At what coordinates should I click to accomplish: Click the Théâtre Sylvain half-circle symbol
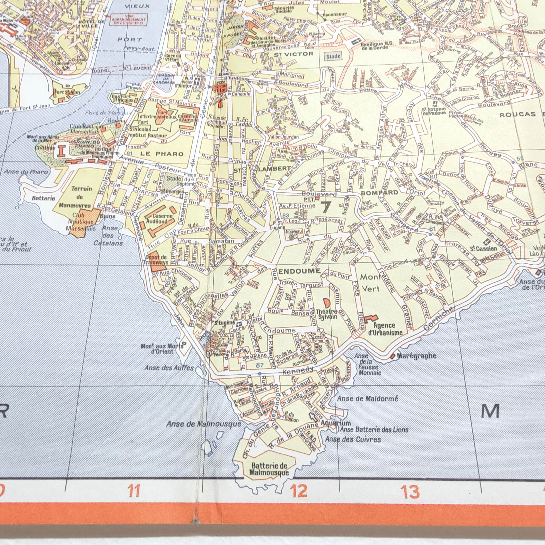pyautogui.click(x=327, y=303)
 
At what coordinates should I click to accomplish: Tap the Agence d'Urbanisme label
pyautogui.click(x=385, y=329)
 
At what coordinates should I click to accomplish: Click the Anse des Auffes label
pyautogui.click(x=169, y=368)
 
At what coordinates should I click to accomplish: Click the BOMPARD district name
pyautogui.click(x=379, y=193)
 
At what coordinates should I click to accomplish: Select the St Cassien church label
pyautogui.click(x=483, y=248)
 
